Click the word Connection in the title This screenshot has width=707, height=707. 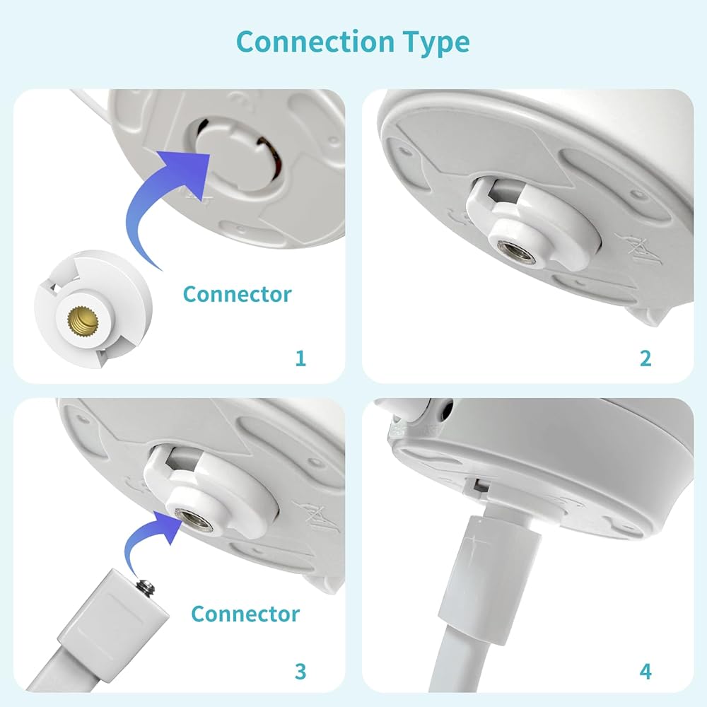315,42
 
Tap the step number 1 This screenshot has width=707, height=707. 300,358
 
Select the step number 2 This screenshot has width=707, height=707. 645,358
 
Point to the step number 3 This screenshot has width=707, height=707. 300,672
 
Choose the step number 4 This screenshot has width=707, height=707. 645,672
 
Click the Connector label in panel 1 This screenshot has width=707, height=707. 237,294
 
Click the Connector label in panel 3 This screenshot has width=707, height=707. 245,614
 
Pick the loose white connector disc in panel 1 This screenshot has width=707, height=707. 93,308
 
